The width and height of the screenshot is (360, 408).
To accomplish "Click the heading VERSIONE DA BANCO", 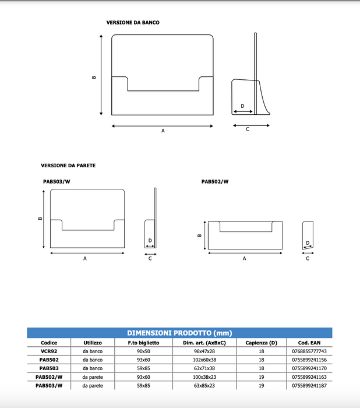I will [x=132, y=22].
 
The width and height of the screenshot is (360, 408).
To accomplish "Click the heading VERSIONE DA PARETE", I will [x=68, y=166].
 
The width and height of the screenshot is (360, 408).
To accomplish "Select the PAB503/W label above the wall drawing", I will [x=57, y=181].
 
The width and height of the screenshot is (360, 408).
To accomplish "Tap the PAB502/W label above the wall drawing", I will [x=215, y=181].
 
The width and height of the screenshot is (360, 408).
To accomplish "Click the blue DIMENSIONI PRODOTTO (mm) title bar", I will [x=179, y=333].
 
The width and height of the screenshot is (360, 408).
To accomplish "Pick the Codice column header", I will [x=49, y=343].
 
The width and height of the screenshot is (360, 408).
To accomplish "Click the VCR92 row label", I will [x=49, y=351].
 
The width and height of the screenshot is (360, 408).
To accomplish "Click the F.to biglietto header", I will [x=143, y=343].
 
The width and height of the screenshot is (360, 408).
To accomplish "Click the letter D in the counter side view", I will [x=242, y=107].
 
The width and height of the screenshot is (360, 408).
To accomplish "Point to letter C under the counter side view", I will [x=247, y=129].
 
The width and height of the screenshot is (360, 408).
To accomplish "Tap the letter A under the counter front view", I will [x=163, y=131].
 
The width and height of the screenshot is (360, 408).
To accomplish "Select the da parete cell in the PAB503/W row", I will [x=93, y=386].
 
